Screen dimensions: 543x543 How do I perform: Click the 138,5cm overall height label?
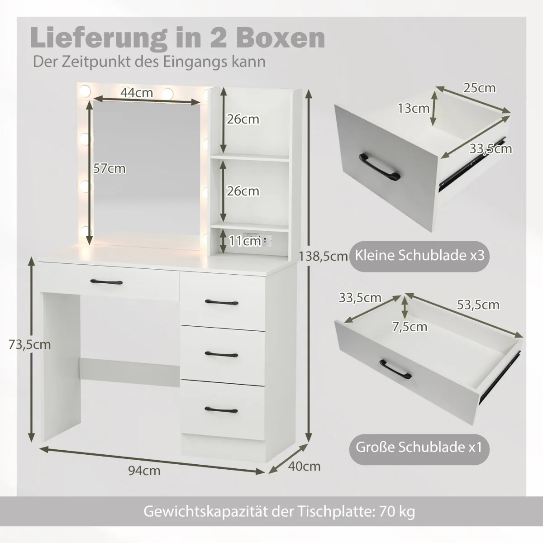click(x=323, y=257)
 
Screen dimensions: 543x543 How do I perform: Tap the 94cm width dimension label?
click(x=144, y=471)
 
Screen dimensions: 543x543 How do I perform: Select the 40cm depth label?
click(x=305, y=467)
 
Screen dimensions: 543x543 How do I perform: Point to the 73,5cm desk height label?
click(x=29, y=344)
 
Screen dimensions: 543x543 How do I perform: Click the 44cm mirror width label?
click(x=137, y=92)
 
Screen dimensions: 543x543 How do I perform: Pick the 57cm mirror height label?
click(x=110, y=168)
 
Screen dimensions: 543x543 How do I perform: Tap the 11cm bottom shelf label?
click(x=245, y=241)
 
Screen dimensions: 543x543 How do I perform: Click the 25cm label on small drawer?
click(x=479, y=88)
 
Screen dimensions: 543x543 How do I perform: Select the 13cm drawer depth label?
click(x=414, y=108)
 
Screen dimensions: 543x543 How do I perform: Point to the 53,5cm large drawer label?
click(x=478, y=305)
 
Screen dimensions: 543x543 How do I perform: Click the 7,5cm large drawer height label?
click(x=410, y=327)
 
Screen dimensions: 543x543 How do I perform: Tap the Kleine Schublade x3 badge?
click(x=419, y=256)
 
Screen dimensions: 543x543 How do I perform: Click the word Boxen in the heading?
click(x=281, y=38)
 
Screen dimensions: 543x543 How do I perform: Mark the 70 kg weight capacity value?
click(x=397, y=511)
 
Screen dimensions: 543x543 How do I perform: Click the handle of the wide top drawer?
click(x=106, y=282)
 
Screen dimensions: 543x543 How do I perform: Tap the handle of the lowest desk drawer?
click(x=221, y=410)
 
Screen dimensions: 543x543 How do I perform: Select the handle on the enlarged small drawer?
click(x=380, y=167)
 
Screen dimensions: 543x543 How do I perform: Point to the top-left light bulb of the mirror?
click(x=85, y=91)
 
